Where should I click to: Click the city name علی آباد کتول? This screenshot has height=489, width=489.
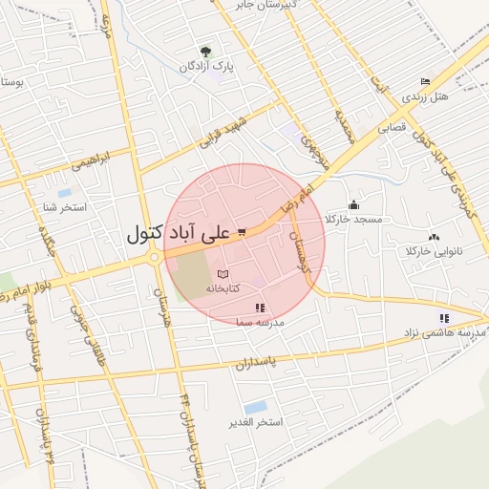pos(179,233)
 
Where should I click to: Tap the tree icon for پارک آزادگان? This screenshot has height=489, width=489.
pos(205,52)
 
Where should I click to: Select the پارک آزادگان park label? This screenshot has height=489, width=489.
pos(210,67)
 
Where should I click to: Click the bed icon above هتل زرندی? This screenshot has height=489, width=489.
pos(425,82)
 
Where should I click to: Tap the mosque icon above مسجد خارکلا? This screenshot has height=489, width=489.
pos(354,204)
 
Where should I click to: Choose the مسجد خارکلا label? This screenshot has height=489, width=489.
pos(353,220)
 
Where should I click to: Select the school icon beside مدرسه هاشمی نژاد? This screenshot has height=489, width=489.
pos(443,318)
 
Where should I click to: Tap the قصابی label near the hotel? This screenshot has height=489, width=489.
pos(393,126)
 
